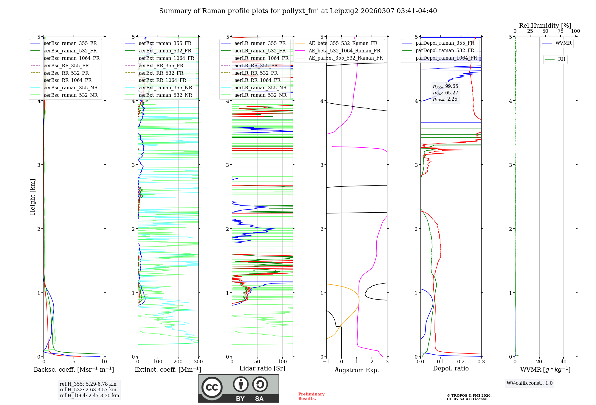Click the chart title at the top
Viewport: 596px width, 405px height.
pos(298,11)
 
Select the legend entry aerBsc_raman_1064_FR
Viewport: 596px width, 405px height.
pos(72,58)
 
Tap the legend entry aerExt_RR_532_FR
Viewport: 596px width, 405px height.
pos(161,73)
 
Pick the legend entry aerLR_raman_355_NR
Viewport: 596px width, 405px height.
pos(260,88)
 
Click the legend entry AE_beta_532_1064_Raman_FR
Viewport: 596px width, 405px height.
pos(344,51)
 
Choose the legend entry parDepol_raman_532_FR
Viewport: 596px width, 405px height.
pos(445,51)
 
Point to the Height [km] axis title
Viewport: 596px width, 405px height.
pos(32,197)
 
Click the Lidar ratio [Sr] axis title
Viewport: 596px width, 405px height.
pos(262,368)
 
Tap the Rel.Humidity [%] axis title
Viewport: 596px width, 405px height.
pos(545,26)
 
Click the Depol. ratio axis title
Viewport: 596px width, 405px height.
pos(451,368)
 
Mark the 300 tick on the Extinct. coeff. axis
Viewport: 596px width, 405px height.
pos(198,362)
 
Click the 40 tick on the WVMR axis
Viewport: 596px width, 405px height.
pos(564,362)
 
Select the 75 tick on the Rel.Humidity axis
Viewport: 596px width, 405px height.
pos(561,31)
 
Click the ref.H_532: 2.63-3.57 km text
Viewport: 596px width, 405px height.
pos(88,390)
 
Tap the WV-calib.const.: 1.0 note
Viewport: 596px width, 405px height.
pos(530,383)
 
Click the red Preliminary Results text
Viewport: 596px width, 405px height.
pos(311,396)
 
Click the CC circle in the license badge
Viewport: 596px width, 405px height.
pos(212,387)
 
